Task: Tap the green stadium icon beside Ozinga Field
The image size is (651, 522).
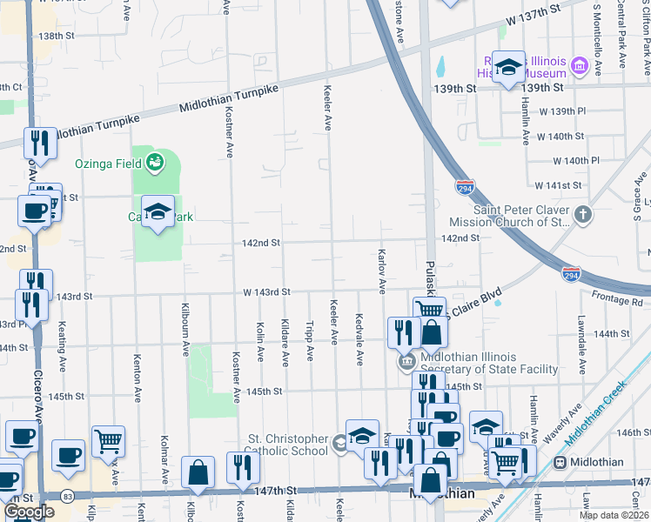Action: tap(155, 161)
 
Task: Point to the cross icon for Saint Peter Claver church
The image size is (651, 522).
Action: tap(583, 214)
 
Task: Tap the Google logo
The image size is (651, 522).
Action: tap(29, 512)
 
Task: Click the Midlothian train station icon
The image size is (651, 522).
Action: tap(557, 461)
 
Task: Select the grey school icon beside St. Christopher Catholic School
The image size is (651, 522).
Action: tap(339, 444)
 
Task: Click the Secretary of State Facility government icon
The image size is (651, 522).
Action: tap(406, 362)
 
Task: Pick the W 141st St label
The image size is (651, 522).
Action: tap(559, 185)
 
